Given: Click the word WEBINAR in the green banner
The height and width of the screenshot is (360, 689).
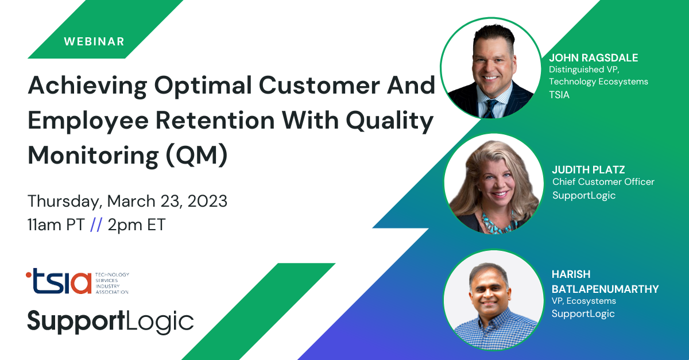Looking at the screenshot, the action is pyautogui.click(x=94, y=41).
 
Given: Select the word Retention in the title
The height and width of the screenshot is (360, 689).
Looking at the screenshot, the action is pyautogui.click(x=215, y=121).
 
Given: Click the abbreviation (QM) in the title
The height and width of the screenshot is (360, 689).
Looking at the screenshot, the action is pyautogui.click(x=196, y=156).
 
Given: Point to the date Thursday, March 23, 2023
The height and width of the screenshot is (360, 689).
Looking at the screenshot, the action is pyautogui.click(x=127, y=202).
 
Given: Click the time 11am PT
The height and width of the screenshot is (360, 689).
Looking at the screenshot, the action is pyautogui.click(x=56, y=224).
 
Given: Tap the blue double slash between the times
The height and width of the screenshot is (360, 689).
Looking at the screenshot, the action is pyautogui.click(x=96, y=224).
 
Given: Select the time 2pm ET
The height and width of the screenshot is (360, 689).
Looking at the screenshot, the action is pyautogui.click(x=137, y=225).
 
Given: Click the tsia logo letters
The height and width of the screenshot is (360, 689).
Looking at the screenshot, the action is pyautogui.click(x=59, y=281).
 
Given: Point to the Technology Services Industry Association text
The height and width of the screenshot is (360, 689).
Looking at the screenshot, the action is pyautogui.click(x=112, y=283).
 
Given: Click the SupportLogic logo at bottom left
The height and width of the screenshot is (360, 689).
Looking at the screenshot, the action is pyautogui.click(x=110, y=322).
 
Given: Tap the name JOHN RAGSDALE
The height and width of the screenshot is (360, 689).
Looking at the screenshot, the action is pyautogui.click(x=593, y=58).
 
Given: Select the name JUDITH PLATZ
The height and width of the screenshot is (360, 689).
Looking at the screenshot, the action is pyautogui.click(x=588, y=169).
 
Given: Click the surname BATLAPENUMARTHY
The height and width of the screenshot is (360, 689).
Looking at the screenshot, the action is pyautogui.click(x=605, y=289).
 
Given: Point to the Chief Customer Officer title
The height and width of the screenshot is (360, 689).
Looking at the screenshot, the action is pyautogui.click(x=603, y=182).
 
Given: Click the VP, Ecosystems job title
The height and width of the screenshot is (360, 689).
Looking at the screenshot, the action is pyautogui.click(x=583, y=301).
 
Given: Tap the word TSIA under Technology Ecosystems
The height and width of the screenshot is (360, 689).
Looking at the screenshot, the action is pyautogui.click(x=559, y=95).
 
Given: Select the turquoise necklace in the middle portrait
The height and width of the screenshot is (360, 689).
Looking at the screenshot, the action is pyautogui.click(x=498, y=223).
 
